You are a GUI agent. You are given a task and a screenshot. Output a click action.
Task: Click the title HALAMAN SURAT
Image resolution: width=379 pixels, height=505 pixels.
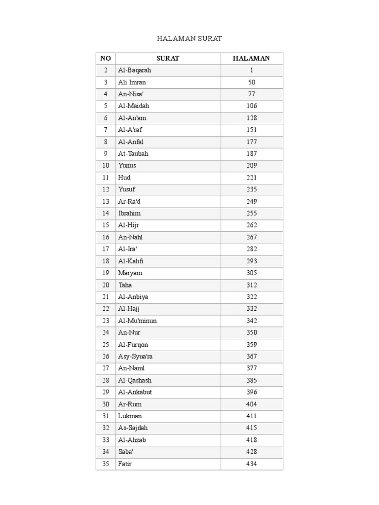pyautogui.click(x=189, y=38)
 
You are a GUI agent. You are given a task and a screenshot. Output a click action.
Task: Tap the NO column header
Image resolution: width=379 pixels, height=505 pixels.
pyautogui.click(x=106, y=58)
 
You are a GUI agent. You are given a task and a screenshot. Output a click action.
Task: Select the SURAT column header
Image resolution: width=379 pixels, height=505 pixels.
pyautogui.click(x=168, y=58)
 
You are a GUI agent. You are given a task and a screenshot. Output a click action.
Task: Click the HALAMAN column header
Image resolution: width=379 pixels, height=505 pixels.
pyautogui.click(x=252, y=58)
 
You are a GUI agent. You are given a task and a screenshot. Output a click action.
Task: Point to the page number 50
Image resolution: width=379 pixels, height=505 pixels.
pyautogui.click(x=252, y=82)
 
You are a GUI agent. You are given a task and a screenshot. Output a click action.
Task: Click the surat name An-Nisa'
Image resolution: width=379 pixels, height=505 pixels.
pyautogui.click(x=131, y=94)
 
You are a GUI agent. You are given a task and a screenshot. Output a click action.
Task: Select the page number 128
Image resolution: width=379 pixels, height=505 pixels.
pyautogui.click(x=252, y=118)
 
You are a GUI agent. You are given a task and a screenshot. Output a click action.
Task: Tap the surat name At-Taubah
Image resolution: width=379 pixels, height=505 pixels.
pyautogui.click(x=133, y=153)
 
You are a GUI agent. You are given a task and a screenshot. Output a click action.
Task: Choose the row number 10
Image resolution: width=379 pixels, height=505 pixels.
pyautogui.click(x=106, y=165)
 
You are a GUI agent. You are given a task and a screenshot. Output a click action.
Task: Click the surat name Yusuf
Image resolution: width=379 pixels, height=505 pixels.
pyautogui.click(x=127, y=189)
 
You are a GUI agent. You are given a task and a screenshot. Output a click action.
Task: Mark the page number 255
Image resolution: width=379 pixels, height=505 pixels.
pyautogui.click(x=252, y=213)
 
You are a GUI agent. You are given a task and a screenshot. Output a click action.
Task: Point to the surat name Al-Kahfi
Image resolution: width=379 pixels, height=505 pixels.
pyautogui.click(x=131, y=261)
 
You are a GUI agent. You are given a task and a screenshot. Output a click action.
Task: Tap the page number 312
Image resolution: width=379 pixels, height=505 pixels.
pyautogui.click(x=252, y=285)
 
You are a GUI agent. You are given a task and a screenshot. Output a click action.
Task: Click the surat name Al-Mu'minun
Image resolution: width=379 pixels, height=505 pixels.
pyautogui.click(x=138, y=321)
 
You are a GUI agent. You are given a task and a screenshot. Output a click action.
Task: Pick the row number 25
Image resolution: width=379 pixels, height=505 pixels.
pyautogui.click(x=106, y=344)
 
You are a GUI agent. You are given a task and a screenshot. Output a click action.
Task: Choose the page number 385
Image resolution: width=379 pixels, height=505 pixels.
pyautogui.click(x=252, y=380)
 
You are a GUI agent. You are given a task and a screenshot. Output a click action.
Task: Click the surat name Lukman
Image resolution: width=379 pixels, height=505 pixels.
pyautogui.click(x=130, y=416)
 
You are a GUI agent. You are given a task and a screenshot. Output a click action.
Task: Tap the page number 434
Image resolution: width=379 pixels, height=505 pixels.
pyautogui.click(x=252, y=464)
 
